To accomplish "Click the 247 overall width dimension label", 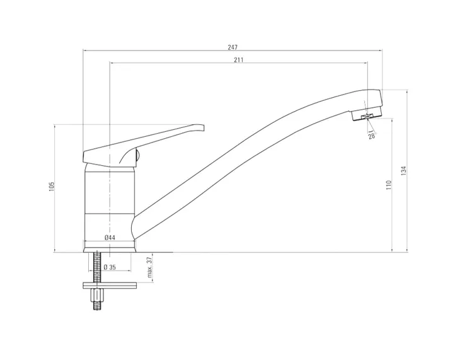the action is [233, 47].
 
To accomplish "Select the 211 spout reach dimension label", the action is [239, 60].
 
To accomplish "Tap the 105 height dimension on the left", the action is [52, 187].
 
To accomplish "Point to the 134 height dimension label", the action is [404, 171].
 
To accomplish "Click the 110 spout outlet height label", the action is [389, 185].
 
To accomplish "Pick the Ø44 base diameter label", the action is [110, 238].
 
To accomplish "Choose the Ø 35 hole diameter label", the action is [110, 267].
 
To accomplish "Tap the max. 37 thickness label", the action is [149, 267].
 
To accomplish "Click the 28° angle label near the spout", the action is [372, 136].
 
